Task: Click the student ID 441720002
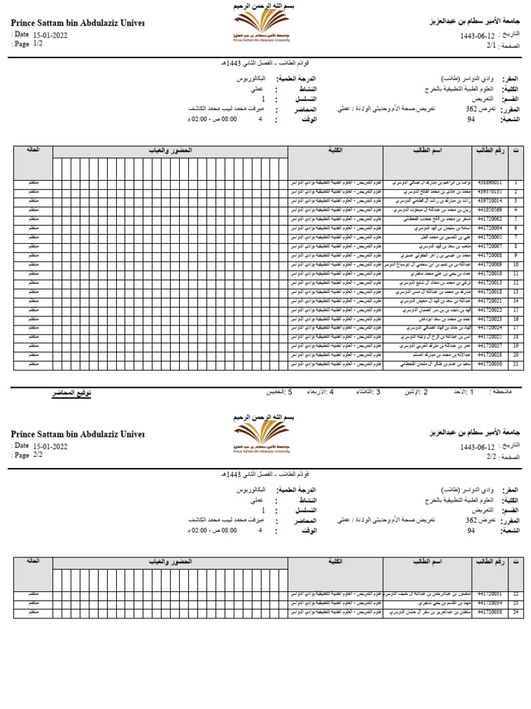pos(490,219)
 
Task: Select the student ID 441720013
pos(490,282)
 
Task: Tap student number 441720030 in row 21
pos(490,363)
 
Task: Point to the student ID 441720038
pos(490,612)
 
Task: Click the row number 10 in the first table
pos(515,264)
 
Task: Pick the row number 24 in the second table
pos(515,612)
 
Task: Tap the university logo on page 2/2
pos(261,436)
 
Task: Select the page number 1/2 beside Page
pos(37,43)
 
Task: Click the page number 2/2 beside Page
pos(37,455)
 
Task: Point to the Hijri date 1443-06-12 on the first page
pos(478,35)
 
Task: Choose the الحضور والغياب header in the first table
pos(170,150)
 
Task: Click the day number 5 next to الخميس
pos(290,392)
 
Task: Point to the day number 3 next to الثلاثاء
pos(378,392)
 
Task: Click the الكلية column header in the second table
pos(335,562)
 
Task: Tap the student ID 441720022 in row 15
pos(490,309)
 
